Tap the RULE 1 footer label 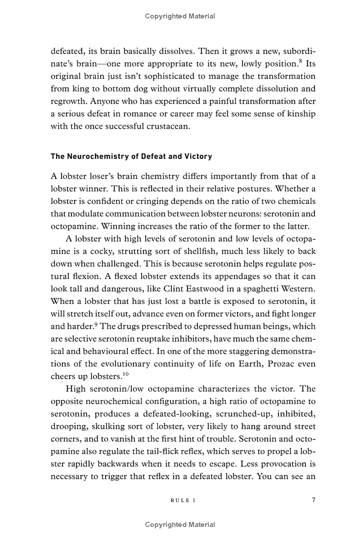click(x=184, y=500)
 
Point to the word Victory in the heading click(x=198, y=157)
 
